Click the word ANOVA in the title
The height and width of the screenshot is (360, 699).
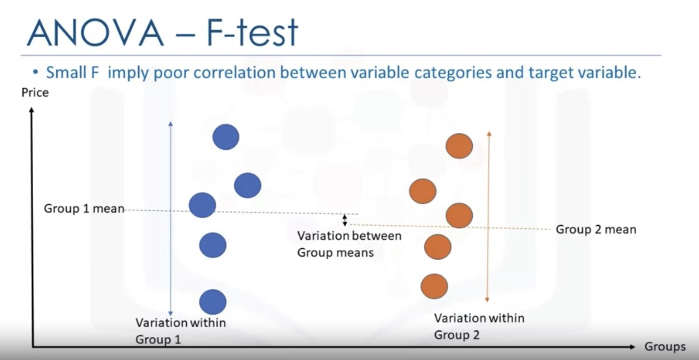(x=95, y=33)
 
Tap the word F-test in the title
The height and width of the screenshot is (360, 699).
(x=252, y=32)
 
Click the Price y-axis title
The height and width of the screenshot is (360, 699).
(x=35, y=92)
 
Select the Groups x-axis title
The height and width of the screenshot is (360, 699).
(x=665, y=346)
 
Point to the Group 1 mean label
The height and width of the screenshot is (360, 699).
(x=84, y=208)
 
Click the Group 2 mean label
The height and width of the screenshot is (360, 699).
(x=596, y=229)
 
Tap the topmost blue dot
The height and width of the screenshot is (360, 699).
(x=226, y=137)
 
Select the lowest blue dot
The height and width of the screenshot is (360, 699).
(x=213, y=302)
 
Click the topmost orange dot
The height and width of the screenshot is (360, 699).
(x=459, y=146)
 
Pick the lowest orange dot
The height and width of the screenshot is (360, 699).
(x=434, y=286)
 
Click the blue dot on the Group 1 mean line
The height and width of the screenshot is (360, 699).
(x=202, y=205)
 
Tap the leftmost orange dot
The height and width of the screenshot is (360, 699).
(x=423, y=191)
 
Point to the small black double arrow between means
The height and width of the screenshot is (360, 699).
(x=345, y=220)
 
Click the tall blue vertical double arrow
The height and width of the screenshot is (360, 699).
(x=171, y=219)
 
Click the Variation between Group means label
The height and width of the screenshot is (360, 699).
(x=349, y=244)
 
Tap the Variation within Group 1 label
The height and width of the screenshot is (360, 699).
(x=180, y=331)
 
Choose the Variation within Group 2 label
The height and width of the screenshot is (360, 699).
(x=479, y=326)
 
